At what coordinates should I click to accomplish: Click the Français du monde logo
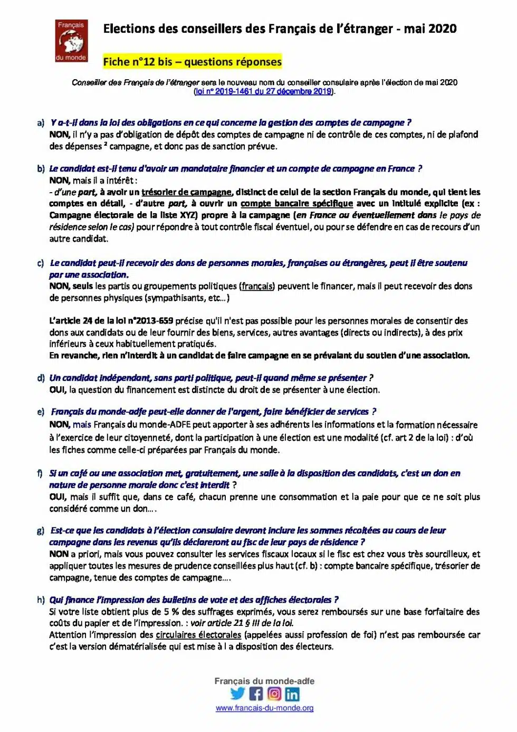tap(71, 41)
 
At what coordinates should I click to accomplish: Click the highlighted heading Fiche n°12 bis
tap(192, 62)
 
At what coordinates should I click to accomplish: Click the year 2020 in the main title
tap(443, 28)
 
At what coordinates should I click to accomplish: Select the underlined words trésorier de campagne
tap(186, 192)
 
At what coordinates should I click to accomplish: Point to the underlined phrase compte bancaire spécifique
tap(296, 204)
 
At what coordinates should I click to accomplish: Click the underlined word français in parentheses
tap(257, 286)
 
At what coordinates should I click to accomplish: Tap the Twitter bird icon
tap(238, 693)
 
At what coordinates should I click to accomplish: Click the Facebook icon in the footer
tap(256, 693)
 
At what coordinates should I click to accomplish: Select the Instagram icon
tap(274, 693)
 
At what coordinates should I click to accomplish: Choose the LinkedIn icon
tap(292, 693)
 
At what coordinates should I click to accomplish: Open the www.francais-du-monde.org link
tap(264, 708)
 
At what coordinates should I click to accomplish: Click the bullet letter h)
tap(41, 600)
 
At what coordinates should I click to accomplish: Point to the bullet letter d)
tap(41, 378)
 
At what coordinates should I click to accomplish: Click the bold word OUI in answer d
tap(58, 390)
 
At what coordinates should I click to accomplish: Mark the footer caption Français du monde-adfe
tap(264, 681)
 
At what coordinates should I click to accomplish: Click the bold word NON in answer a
tap(59, 135)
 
